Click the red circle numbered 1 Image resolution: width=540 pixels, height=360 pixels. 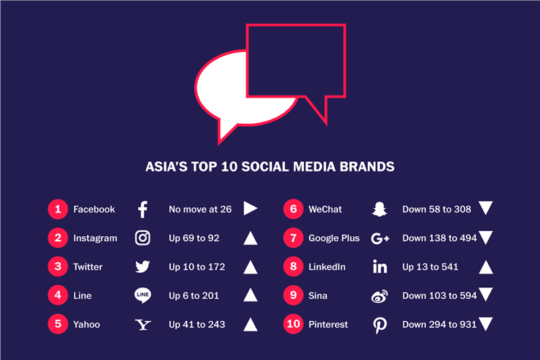click(x=58, y=210)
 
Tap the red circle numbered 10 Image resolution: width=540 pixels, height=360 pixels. click(x=293, y=325)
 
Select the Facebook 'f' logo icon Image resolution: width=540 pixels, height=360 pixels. click(x=143, y=210)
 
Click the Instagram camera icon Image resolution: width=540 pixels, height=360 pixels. click(x=143, y=238)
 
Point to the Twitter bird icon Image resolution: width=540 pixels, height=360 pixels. click(x=143, y=267)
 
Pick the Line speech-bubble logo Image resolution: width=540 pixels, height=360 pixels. click(x=143, y=296)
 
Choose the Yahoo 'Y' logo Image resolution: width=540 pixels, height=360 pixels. click(x=143, y=325)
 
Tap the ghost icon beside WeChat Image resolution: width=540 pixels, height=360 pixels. click(x=379, y=210)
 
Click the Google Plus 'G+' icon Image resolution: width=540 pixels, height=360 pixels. click(x=379, y=238)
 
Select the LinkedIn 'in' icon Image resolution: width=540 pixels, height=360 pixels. click(x=379, y=267)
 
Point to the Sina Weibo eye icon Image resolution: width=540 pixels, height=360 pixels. click(x=379, y=296)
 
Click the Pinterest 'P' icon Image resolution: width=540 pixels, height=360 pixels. click(x=379, y=325)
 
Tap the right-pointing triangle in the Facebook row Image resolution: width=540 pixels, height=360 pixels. click(x=250, y=209)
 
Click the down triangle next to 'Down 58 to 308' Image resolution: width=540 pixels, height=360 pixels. click(x=485, y=209)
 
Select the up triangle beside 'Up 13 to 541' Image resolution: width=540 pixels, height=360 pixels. click(x=485, y=267)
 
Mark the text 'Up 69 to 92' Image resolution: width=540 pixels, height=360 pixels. click(x=194, y=238)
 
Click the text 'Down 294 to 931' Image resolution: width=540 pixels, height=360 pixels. click(x=439, y=325)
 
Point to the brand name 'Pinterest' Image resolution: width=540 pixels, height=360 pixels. click(x=328, y=325)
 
